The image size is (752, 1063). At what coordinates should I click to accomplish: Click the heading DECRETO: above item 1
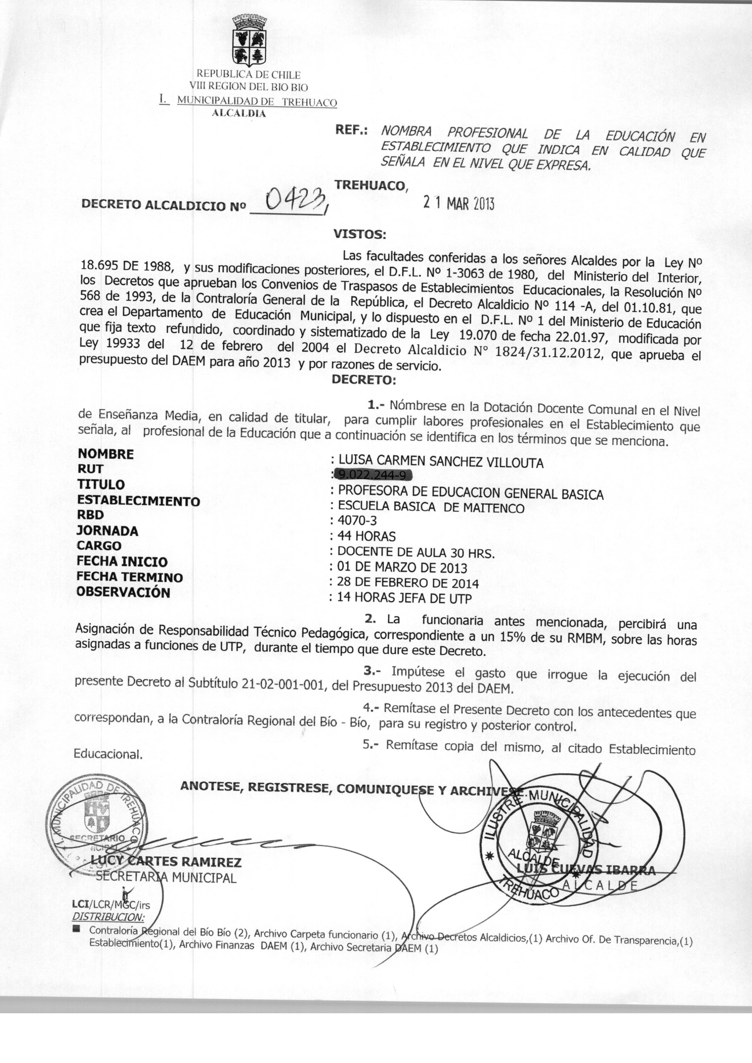(364, 380)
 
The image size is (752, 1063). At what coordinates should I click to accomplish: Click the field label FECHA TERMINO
(130, 577)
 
